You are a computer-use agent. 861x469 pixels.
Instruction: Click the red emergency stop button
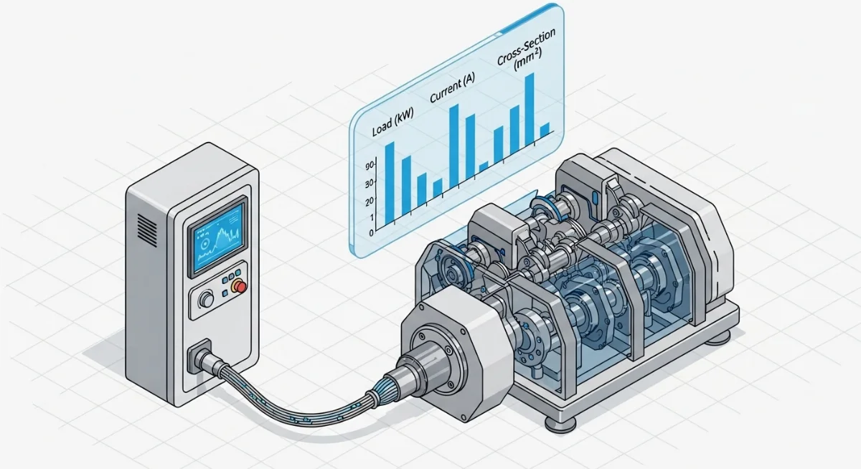(x=240, y=287)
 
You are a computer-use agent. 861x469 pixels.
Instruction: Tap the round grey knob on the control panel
(x=207, y=299)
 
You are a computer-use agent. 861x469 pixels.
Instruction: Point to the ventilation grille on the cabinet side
(x=147, y=230)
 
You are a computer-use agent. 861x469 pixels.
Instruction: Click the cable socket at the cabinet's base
(x=199, y=356)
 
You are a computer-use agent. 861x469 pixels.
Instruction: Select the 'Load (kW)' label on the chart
(x=392, y=122)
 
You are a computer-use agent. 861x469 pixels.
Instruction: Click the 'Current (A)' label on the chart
(x=452, y=87)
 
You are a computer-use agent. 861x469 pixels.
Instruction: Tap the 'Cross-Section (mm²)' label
(x=526, y=51)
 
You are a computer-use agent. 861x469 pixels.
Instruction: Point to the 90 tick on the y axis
(x=370, y=166)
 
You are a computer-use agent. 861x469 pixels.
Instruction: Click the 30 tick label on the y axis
(x=370, y=184)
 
